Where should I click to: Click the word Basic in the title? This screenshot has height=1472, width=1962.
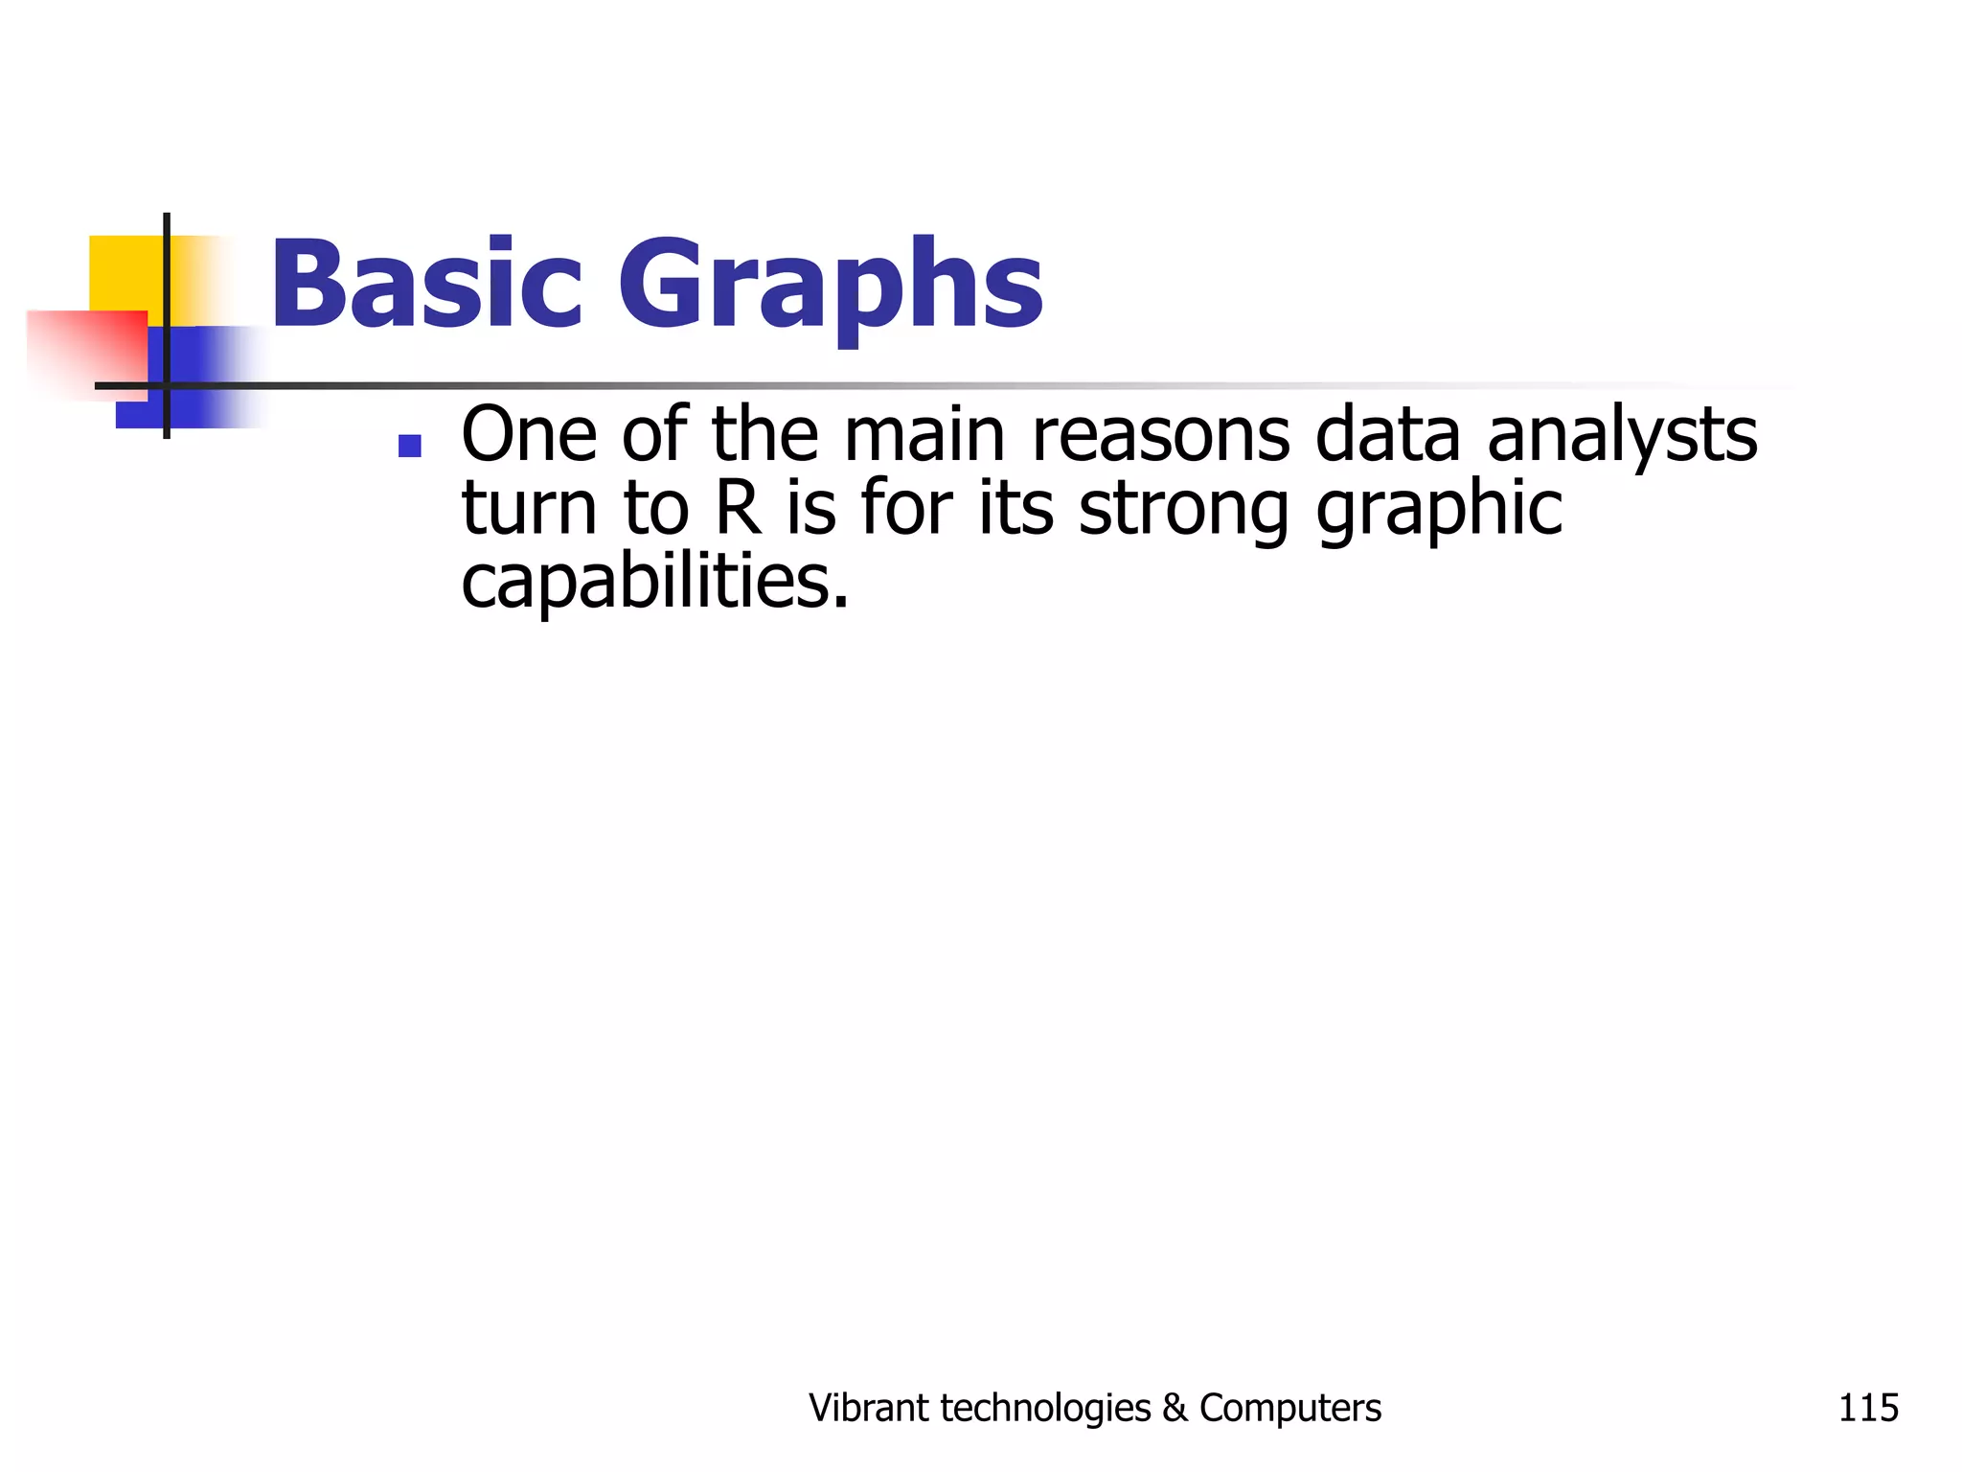tap(426, 284)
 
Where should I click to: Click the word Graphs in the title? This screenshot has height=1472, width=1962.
tap(830, 287)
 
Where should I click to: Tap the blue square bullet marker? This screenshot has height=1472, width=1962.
tap(410, 447)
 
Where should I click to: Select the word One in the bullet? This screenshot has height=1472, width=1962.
tap(529, 435)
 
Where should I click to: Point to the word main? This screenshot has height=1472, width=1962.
tap(924, 435)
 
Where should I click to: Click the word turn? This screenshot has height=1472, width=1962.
tap(529, 509)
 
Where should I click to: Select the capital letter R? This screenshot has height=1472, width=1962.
tap(739, 509)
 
